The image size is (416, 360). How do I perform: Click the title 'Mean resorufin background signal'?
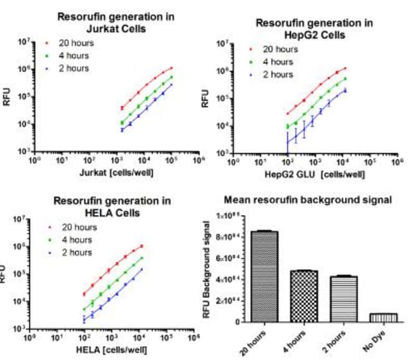click(311, 200)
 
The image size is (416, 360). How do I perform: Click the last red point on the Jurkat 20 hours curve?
click(171, 67)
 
